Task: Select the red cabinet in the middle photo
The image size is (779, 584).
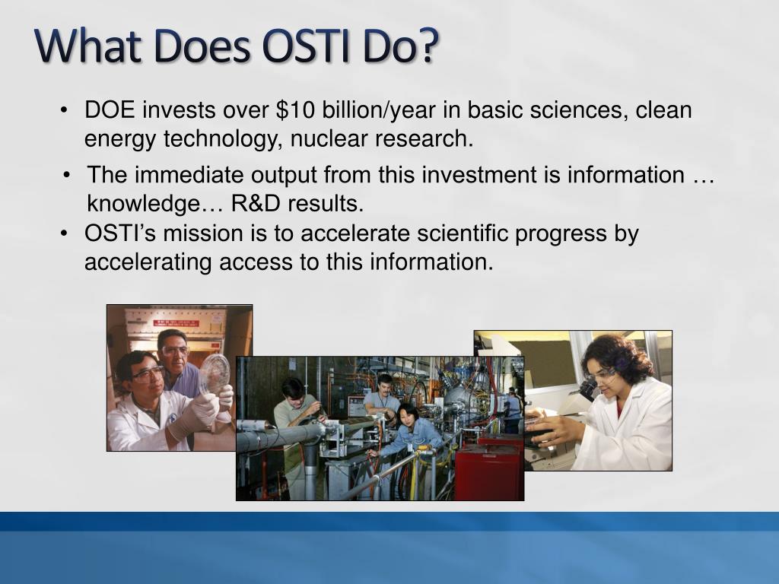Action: (x=487, y=471)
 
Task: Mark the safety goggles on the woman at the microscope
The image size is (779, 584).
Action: (x=600, y=374)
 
